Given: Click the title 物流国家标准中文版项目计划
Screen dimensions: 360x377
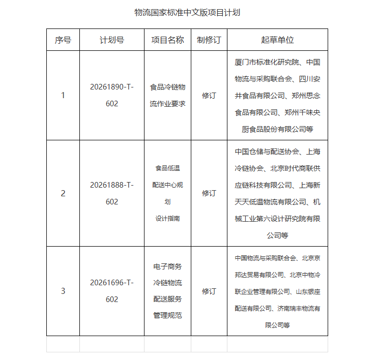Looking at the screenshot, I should point(187,12).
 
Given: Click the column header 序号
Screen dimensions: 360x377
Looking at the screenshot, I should point(63,40).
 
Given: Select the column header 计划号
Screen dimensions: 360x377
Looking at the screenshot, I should point(112,40).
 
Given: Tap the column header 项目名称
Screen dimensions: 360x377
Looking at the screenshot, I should point(167,40).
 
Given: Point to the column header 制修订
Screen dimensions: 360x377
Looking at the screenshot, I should point(209,40).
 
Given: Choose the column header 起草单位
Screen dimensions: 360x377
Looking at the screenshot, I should point(277,40).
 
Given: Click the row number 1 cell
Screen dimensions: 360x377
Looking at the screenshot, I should point(63,95).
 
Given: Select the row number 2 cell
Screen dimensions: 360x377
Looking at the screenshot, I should point(63,193).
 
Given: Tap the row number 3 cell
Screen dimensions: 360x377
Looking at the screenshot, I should point(63,291).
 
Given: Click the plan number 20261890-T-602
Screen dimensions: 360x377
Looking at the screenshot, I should point(112,95).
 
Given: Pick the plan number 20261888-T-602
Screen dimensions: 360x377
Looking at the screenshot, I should point(112,193).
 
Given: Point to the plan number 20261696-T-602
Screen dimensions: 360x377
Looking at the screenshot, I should point(112,291).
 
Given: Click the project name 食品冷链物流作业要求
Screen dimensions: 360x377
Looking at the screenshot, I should point(167,95).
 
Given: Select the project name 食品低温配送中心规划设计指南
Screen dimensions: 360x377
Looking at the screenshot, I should point(167,193).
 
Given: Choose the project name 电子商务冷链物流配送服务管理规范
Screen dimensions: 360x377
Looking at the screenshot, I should point(167,291).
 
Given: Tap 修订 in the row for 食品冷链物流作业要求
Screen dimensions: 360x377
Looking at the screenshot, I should point(209,95).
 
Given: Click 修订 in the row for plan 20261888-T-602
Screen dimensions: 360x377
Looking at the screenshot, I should point(209,193).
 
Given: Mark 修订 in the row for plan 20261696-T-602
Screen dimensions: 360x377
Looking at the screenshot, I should point(209,291).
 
